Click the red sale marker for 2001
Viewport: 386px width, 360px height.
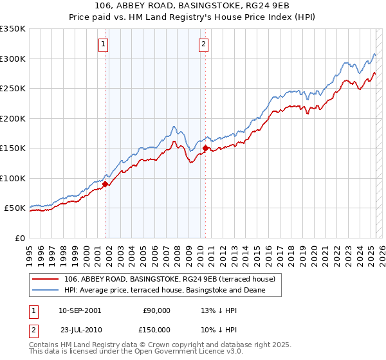pos(105,184)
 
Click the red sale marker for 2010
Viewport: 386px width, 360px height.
pos(205,148)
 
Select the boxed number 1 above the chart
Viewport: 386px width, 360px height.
pos(104,44)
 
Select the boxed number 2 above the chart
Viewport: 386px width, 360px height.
pos(203,44)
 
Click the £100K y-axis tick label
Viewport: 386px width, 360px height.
pos(13,178)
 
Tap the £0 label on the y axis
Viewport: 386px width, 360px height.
pos(19,238)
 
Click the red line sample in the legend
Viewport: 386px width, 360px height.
pos(46,279)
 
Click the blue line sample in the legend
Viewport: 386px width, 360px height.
pos(46,291)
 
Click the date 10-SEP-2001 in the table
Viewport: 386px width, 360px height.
pos(80,310)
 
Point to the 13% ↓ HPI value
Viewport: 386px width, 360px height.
pos(219,310)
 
